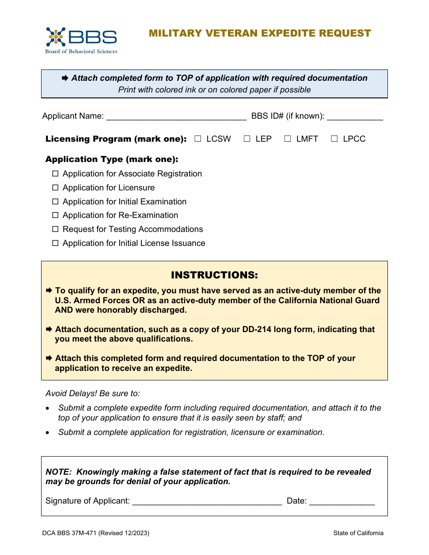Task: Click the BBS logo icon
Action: (x=56, y=37)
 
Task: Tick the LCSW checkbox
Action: (x=198, y=139)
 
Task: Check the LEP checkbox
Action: (x=247, y=139)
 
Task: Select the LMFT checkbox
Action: (x=288, y=139)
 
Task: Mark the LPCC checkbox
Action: (x=334, y=139)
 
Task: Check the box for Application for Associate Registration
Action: (x=56, y=174)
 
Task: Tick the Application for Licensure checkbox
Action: (x=56, y=188)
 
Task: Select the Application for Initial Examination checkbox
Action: (x=56, y=202)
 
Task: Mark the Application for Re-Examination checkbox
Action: (x=56, y=215)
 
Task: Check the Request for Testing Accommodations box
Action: (x=56, y=229)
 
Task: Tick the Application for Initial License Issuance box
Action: (x=56, y=243)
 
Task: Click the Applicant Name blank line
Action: (x=176, y=117)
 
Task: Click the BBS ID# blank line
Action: (x=355, y=117)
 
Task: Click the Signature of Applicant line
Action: (x=207, y=502)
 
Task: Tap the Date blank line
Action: (x=342, y=502)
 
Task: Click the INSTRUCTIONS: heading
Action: (x=214, y=275)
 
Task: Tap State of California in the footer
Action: (x=358, y=533)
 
